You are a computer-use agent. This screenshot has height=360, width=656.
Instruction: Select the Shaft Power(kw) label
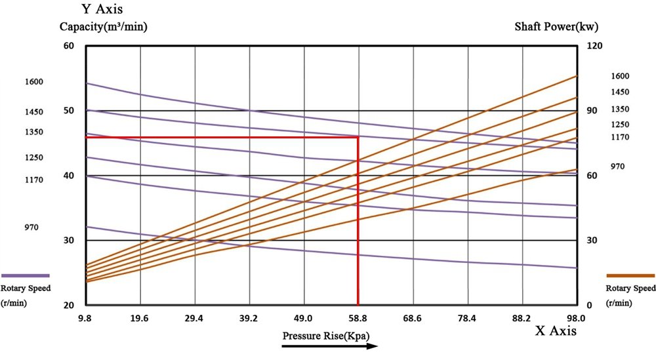557,27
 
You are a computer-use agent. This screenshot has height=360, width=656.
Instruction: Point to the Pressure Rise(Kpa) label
326,336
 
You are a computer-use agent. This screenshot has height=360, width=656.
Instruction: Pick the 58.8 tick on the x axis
358,318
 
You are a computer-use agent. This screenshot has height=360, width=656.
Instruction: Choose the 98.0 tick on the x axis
577,318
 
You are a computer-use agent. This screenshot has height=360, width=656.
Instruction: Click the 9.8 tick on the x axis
85,318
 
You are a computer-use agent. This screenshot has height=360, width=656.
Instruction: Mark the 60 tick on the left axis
69,46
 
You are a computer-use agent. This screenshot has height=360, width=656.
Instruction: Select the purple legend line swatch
26,275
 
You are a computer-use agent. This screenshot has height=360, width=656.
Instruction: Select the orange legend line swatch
630,275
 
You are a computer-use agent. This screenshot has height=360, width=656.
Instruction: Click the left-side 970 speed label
31,228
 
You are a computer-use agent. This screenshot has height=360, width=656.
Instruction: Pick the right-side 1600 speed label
620,76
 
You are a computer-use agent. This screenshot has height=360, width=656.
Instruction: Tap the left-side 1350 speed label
33,132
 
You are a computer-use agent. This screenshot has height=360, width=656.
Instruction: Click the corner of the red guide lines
358,137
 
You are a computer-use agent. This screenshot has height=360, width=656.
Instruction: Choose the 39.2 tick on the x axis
249,318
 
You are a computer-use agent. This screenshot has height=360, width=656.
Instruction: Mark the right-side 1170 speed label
620,137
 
